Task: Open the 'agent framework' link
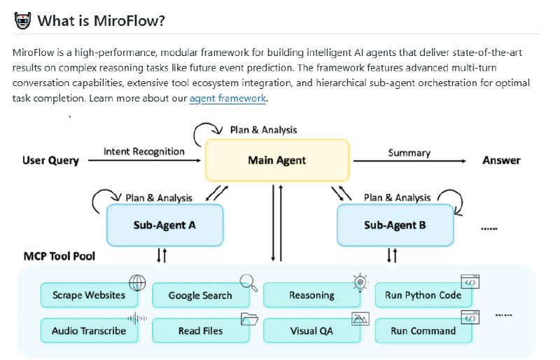coord(227,99)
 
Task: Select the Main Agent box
coord(276,160)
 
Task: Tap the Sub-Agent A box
coord(164,225)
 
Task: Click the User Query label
coord(50,160)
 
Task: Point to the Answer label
coord(501,160)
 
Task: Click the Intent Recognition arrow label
coord(144,151)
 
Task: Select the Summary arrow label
coord(409,152)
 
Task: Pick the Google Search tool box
coord(199,296)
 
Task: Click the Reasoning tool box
coord(311,296)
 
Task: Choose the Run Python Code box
coord(423,296)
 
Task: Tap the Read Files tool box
coord(199,331)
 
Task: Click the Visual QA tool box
coord(311,331)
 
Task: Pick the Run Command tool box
coord(423,331)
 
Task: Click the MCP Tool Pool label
coord(59,256)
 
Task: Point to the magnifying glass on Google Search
coord(248,282)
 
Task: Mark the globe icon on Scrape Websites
coord(137,282)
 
